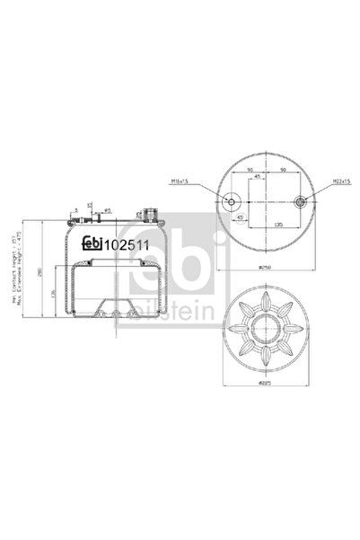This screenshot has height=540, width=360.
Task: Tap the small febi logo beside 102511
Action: point(92,241)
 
